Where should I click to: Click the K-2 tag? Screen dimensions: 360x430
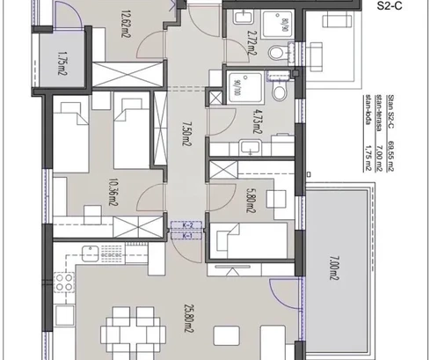click(x=186, y=226)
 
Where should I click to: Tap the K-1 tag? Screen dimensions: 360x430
click(x=186, y=236)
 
